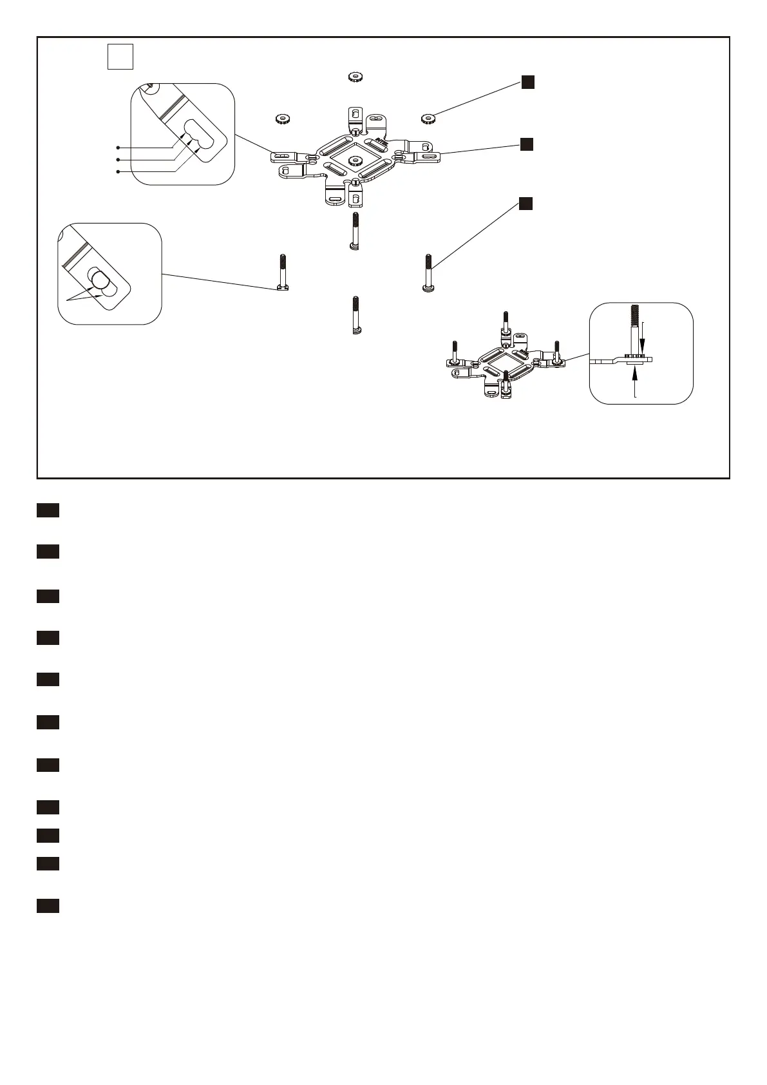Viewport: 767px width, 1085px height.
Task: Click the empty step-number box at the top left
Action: pos(120,56)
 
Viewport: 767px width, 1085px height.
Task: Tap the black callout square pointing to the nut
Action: pos(527,82)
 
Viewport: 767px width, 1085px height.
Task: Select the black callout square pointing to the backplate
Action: pos(526,144)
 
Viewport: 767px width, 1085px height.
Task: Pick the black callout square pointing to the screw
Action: pos(526,204)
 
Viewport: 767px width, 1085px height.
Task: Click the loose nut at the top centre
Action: pos(353,77)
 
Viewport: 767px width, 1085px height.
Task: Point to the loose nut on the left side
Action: pos(281,119)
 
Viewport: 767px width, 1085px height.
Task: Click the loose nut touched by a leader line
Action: pos(428,118)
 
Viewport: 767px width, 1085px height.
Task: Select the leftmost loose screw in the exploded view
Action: pos(282,273)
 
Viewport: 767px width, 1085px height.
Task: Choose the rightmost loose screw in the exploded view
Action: pos(428,273)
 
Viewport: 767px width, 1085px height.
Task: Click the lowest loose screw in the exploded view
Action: pos(356,314)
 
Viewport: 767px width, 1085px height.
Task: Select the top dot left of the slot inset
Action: pos(118,148)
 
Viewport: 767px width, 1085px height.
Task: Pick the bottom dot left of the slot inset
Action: pos(118,171)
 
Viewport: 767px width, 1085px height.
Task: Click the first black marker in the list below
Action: pos(48,511)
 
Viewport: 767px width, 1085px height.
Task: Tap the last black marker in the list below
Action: pos(48,906)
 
